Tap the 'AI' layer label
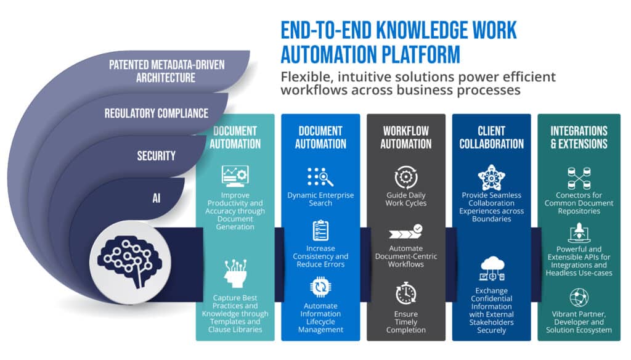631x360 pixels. [157, 198]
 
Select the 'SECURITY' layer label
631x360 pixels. [156, 156]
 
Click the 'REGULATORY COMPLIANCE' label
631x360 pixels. [156, 113]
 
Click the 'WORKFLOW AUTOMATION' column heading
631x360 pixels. [405, 137]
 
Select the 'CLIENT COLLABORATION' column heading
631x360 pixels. [491, 137]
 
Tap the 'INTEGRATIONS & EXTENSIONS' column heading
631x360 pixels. [579, 137]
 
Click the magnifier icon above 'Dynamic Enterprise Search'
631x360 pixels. [320, 178]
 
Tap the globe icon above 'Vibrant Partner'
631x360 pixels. [579, 297]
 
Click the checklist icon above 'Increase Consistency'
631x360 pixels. [320, 231]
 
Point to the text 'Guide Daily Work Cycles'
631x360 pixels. [405, 199]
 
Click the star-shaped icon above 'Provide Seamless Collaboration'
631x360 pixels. [491, 177]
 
